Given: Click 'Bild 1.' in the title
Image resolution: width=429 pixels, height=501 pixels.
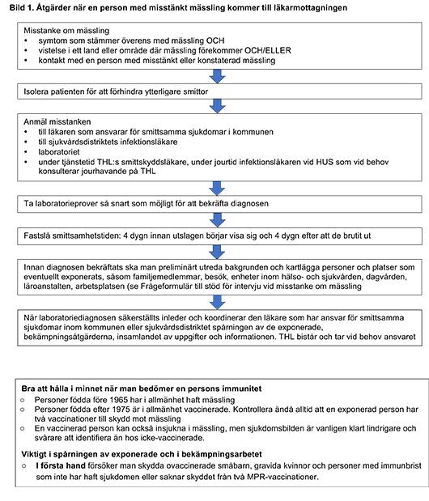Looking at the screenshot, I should (x=19, y=7).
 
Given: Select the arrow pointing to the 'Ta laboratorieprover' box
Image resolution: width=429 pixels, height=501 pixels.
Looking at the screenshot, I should (x=216, y=187).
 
